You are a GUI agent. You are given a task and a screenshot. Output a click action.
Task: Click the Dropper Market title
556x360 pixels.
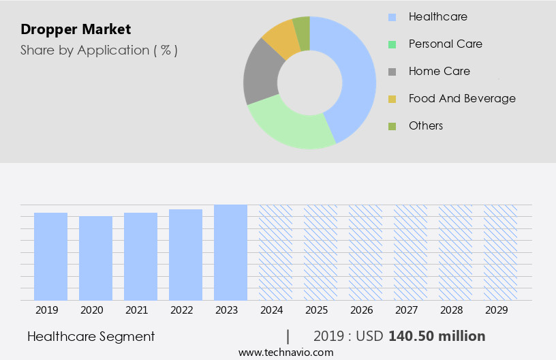pos(76,29)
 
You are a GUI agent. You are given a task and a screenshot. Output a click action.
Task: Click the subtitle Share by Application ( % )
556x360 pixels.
pos(99,50)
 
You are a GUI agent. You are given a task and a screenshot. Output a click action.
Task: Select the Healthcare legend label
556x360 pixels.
pos(437,16)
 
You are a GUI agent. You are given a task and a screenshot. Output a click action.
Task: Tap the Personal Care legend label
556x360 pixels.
pos(445,44)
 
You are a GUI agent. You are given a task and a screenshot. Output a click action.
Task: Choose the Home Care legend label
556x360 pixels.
pos(439,71)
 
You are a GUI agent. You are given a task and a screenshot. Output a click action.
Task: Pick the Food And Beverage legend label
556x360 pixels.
pos(462,98)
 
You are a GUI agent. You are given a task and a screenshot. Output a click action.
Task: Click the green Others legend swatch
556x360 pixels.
pos(392,126)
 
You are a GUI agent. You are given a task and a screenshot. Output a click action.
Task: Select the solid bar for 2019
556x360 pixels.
pos(50,256)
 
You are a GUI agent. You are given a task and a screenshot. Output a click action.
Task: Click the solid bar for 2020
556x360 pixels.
pos(95,258)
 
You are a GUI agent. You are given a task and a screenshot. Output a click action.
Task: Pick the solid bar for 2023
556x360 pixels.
pos(230,252)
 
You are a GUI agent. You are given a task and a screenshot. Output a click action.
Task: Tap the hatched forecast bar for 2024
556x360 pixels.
pos(275,252)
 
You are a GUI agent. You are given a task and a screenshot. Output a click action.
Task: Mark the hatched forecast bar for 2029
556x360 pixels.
pos(500,252)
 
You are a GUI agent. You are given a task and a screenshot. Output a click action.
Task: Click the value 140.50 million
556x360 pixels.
pos(437,336)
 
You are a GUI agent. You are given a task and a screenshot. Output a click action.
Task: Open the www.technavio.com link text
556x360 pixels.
pos(285,352)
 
